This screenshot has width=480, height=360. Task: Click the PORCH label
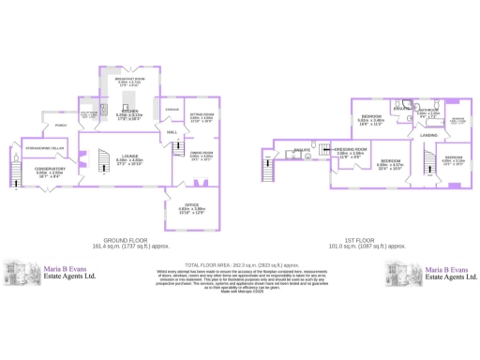(60, 125)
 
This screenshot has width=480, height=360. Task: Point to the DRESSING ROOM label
(353, 149)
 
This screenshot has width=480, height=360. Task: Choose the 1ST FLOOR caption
(378, 241)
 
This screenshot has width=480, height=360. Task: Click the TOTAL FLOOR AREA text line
(239, 266)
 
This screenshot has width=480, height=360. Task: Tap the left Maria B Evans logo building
(20, 274)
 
